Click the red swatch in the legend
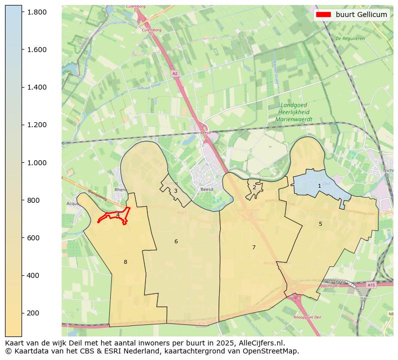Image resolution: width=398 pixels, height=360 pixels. (x=323, y=15)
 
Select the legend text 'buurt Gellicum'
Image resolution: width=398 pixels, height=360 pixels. (x=361, y=15)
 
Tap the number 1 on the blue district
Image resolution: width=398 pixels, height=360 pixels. (x=319, y=186)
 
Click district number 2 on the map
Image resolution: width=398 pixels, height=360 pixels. (x=254, y=187)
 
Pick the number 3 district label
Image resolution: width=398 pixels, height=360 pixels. (x=175, y=191)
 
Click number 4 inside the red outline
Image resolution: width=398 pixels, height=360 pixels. (x=118, y=215)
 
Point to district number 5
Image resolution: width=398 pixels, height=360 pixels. (x=320, y=224)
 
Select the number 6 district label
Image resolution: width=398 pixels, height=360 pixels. (x=176, y=242)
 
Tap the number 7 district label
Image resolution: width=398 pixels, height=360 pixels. (x=254, y=247)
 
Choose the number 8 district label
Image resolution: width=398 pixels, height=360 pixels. (x=125, y=262)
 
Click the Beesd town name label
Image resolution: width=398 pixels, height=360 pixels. (x=207, y=190)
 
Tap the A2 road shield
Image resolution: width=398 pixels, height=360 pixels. (x=174, y=74)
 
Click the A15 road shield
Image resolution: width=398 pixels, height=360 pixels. (x=371, y=285)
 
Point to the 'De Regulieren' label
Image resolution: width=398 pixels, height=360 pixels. (x=350, y=38)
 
